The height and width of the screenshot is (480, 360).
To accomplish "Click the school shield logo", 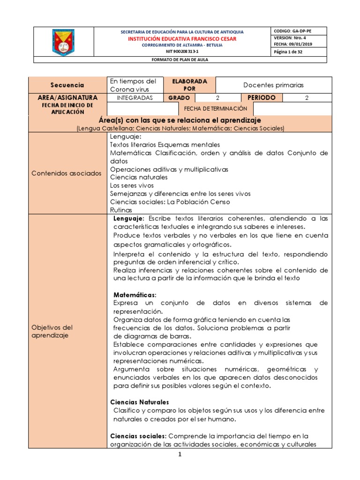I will pyautogui.click(x=63, y=42).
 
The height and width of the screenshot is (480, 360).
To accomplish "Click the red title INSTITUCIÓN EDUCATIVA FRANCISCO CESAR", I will pyautogui.click(x=182, y=38).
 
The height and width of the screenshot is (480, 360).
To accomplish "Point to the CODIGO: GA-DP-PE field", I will pyautogui.click(x=292, y=31).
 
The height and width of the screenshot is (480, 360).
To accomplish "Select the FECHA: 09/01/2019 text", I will pyautogui.click(x=292, y=44).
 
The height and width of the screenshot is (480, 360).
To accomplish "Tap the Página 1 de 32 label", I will pyautogui.click(x=288, y=52).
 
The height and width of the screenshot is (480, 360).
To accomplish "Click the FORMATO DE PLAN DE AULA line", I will pyautogui.click(x=180, y=60).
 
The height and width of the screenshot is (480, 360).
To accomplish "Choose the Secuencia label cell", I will pyautogui.click(x=68, y=85).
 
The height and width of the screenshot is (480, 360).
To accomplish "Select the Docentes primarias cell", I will pyautogui.click(x=273, y=85).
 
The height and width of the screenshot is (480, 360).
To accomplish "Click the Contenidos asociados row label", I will pyautogui.click(x=66, y=173).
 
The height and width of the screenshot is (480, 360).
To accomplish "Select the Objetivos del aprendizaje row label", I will pyautogui.click(x=52, y=331).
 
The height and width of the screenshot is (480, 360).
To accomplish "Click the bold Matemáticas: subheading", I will pyautogui.click(x=135, y=294).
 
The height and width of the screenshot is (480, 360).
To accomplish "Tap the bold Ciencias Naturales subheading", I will pyautogui.click(x=139, y=402).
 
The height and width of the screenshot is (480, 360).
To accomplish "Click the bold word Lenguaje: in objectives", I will pyautogui.click(x=129, y=219).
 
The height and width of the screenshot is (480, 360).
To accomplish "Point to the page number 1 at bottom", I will pyautogui.click(x=180, y=455).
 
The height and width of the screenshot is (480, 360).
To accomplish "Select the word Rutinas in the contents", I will pyautogui.click(x=121, y=210).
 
